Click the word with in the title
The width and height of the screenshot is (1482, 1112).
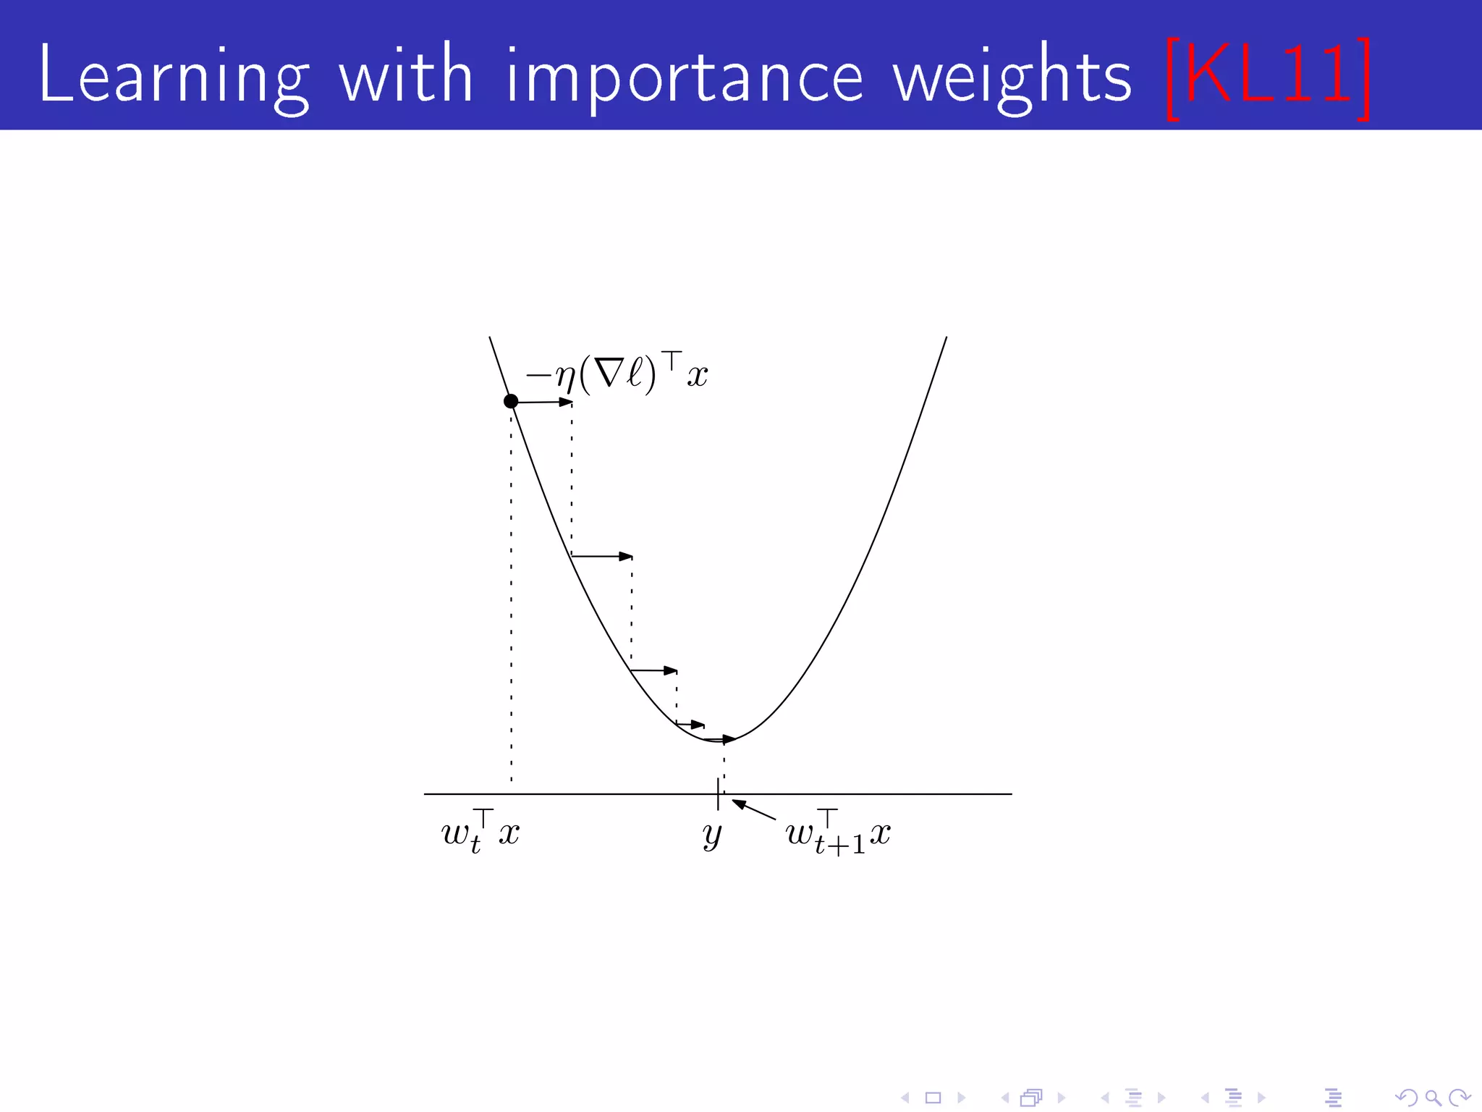click(x=406, y=74)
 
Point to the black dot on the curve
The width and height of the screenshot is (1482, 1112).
click(x=511, y=401)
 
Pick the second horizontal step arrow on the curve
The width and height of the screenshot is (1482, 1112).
click(x=601, y=556)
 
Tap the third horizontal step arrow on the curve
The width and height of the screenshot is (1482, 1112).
click(x=653, y=670)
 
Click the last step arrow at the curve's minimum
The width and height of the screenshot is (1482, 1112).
click(x=720, y=739)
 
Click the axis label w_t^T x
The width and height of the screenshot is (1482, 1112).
click(x=480, y=833)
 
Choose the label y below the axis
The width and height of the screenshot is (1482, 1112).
click(x=712, y=835)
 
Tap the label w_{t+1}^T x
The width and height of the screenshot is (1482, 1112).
click(x=838, y=835)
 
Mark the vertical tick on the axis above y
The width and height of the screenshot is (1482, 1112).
click(x=718, y=793)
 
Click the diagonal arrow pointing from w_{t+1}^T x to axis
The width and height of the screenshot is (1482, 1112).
click(x=753, y=809)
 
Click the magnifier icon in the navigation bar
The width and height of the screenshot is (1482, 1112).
click(x=1432, y=1098)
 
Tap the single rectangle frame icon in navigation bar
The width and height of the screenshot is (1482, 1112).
click(x=933, y=1098)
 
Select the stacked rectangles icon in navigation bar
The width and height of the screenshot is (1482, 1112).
click(x=1031, y=1098)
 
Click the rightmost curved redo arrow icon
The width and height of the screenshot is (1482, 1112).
click(x=1460, y=1098)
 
